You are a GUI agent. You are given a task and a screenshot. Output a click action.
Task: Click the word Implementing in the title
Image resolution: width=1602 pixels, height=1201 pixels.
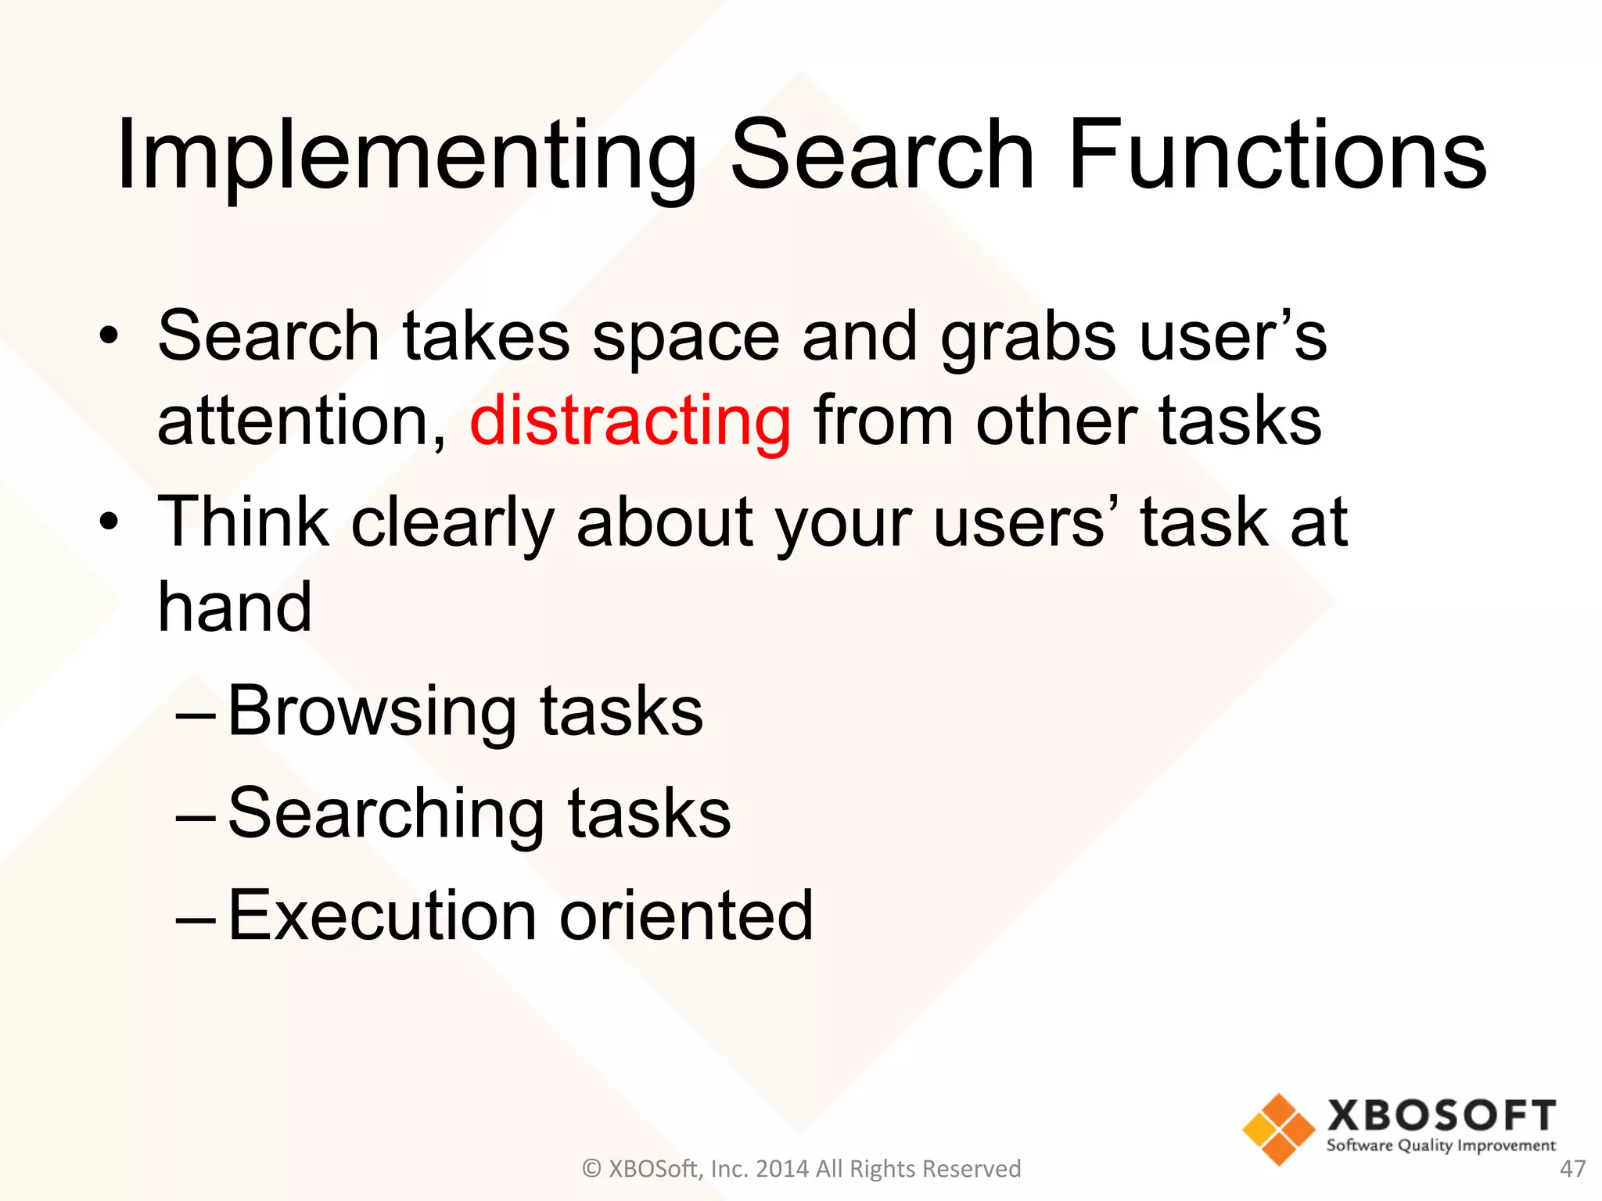407,156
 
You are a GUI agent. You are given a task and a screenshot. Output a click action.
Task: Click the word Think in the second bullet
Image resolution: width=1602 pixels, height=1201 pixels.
243,522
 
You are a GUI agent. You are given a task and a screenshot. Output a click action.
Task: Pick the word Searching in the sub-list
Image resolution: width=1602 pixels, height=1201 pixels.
386,816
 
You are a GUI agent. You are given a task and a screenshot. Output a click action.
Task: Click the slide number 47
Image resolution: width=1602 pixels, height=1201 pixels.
1572,1168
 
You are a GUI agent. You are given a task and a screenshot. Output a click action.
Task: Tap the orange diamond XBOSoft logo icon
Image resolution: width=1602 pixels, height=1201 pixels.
1278,1129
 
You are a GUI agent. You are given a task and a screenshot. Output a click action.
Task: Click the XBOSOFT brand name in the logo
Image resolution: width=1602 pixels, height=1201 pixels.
1441,1115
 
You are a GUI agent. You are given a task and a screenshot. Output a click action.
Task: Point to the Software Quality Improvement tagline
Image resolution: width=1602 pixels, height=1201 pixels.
1441,1145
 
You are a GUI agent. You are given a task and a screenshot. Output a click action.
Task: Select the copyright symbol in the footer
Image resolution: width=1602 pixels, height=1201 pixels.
592,1168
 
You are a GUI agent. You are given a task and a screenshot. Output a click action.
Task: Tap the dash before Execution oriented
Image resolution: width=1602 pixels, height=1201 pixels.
196,916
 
